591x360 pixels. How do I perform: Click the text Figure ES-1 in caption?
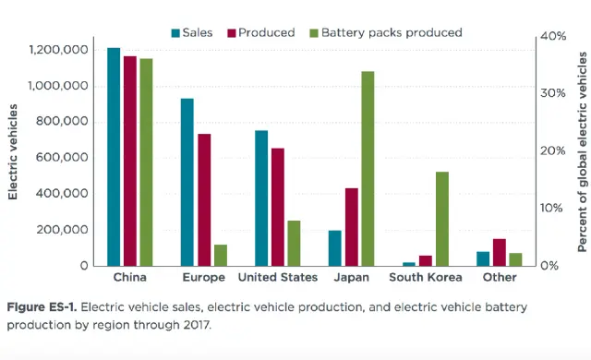tap(39, 306)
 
